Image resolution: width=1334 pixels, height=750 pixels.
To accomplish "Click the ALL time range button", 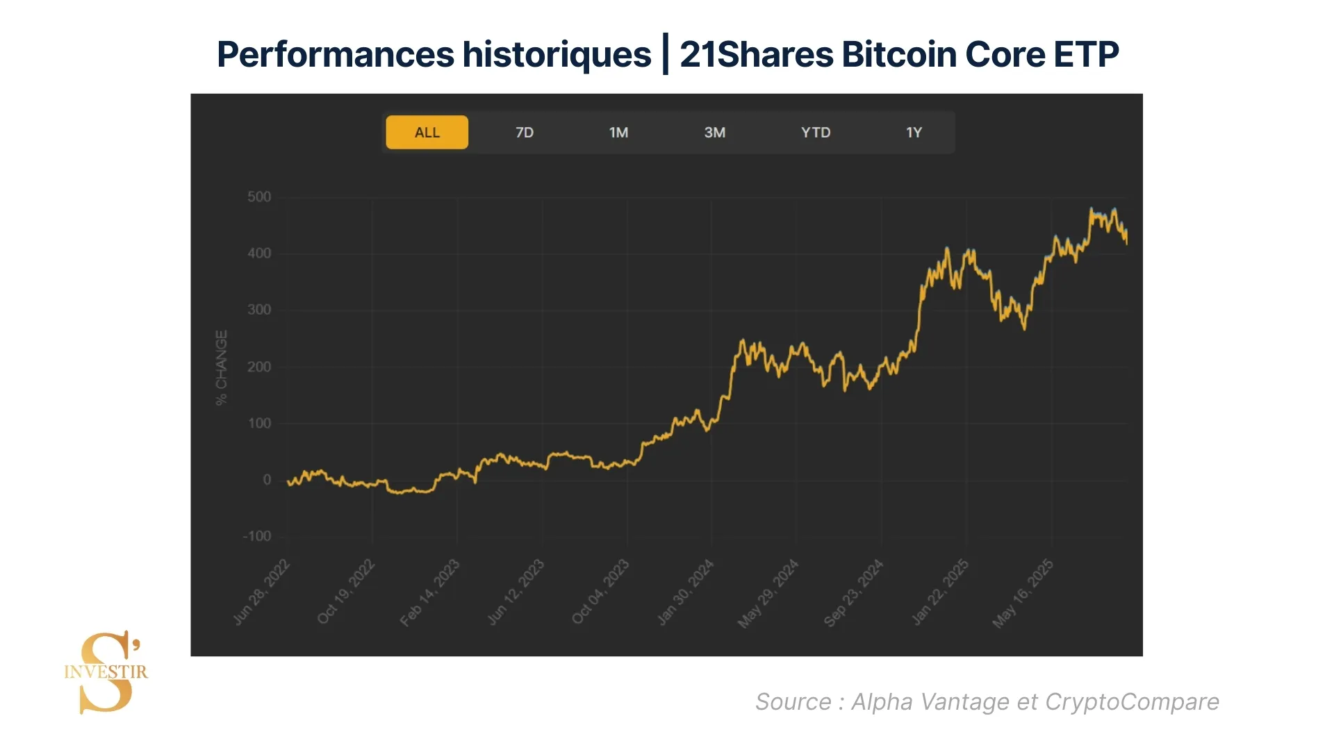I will [427, 133].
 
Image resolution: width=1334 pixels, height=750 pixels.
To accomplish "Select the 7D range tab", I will [525, 133].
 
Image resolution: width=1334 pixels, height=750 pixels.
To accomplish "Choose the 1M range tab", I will [618, 133].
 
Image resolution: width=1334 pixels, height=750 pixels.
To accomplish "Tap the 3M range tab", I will [714, 133].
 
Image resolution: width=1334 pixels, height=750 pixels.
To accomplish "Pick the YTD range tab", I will [815, 133].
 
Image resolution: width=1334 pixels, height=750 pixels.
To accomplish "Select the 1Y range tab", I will [914, 133].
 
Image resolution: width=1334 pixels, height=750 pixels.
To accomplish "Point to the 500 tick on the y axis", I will [259, 197].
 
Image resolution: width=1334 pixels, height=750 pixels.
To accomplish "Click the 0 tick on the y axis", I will [267, 480].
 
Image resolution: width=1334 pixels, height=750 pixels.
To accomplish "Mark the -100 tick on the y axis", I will [257, 536].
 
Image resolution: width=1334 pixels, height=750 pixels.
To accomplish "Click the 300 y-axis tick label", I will [259, 310].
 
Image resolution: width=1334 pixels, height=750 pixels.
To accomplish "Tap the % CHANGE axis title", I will [222, 367].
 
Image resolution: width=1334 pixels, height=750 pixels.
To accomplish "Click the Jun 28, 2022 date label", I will [262, 592].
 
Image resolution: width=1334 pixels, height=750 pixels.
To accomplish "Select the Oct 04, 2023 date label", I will [601, 592].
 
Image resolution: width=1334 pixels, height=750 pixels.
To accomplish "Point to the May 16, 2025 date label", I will [1023, 594].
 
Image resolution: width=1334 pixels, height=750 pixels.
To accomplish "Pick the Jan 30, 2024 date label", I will [686, 592].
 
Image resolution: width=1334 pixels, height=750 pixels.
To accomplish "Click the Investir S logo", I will [106, 672].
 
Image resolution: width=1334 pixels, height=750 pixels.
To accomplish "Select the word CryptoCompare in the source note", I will [1132, 702].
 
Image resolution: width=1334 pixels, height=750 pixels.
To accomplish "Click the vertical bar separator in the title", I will [666, 54].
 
